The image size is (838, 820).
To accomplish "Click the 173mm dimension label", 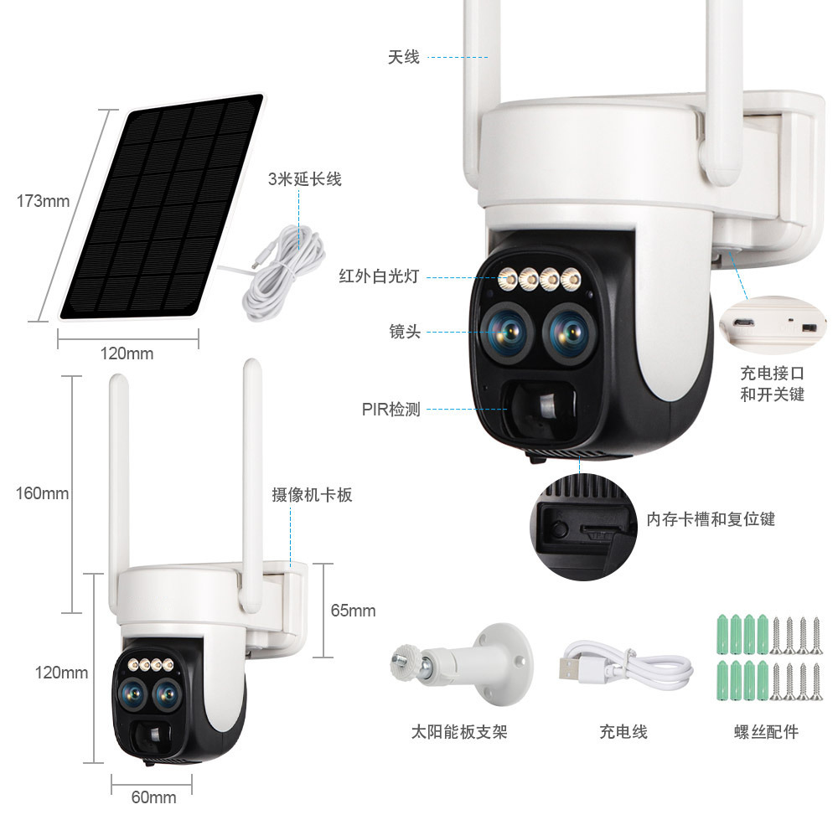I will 43,201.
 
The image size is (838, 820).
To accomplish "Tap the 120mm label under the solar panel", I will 127,353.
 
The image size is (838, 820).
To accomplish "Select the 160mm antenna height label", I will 42,493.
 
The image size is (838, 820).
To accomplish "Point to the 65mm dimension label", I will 353,611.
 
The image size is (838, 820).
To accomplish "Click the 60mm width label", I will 153,797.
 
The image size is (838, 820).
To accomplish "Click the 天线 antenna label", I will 403,58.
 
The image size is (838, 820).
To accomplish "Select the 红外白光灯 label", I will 378,276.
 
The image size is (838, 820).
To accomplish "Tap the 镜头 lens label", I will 405,333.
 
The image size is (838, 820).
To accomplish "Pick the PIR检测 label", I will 391,410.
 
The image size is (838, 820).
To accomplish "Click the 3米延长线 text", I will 304,179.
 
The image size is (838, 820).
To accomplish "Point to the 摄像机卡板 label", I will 312,495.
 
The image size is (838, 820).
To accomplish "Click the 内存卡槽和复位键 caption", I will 711,519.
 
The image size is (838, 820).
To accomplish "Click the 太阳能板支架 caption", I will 459,732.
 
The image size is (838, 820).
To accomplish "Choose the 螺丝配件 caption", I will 766,732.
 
